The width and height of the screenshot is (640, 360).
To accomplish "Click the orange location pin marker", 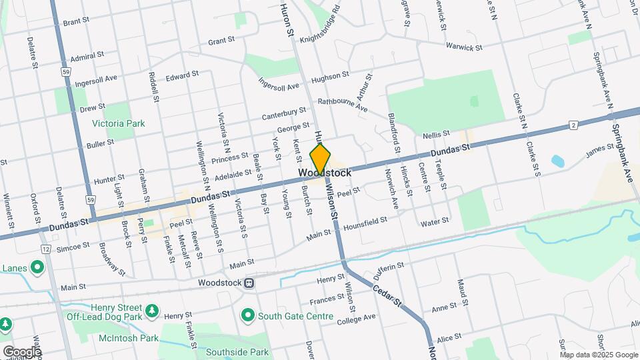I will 320,159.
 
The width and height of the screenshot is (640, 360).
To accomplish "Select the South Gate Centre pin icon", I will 248,314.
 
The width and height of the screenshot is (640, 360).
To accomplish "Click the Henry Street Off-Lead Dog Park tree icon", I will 153,311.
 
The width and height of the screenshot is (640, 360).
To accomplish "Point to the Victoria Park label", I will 118,123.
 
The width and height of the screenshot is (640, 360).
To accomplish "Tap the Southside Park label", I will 237,351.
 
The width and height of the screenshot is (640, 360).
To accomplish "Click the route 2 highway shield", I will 573,125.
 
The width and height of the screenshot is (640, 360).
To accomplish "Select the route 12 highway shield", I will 45,249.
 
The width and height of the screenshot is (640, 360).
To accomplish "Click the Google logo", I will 21,352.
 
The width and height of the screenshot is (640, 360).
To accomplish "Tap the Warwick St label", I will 465,48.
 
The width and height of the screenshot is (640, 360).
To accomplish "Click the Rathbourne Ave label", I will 343,104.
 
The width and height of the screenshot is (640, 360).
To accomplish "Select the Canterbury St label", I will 283,113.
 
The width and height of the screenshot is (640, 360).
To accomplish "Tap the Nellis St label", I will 437,135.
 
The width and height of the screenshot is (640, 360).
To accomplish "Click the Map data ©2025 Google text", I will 598,355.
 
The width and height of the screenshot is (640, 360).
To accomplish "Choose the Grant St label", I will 221,41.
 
